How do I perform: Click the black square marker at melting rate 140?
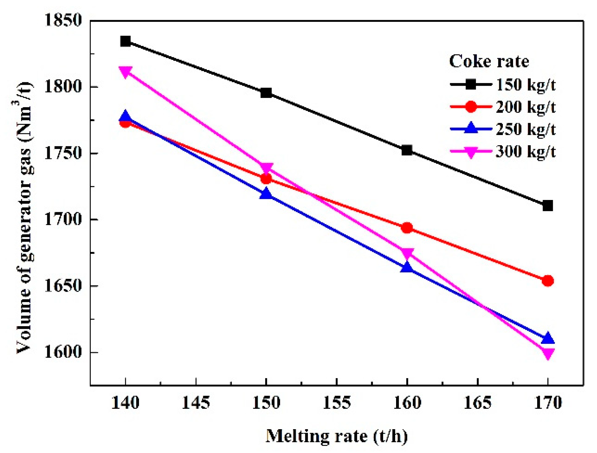pos(125,41)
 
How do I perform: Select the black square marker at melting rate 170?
pos(547,206)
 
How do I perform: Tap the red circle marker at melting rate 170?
pos(547,281)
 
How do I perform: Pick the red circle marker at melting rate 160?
pos(407,228)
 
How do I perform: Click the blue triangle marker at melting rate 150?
pos(266,194)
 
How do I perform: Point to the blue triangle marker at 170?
pos(547,339)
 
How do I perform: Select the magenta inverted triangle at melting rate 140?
pos(125,72)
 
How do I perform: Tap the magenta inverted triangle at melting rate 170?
pos(547,354)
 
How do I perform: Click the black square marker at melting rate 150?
pos(266,93)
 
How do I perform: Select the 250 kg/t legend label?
pos(526,129)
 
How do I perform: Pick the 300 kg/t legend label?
pos(526,152)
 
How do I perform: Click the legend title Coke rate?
pos(489,62)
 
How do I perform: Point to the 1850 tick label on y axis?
pos(64,20)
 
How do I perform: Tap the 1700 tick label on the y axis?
pos(64,219)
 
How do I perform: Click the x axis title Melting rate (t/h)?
pos(336,436)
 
